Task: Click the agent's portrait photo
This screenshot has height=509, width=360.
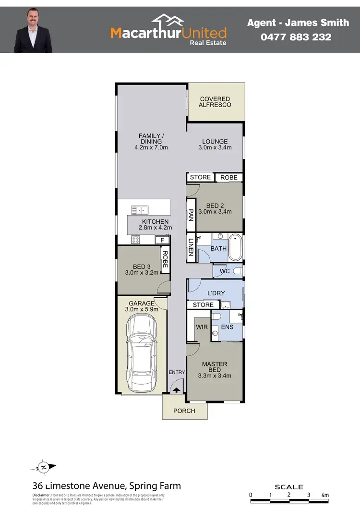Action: tap(33, 29)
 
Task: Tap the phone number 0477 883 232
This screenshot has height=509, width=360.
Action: tap(289, 36)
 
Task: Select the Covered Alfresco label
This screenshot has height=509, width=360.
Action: tap(215, 102)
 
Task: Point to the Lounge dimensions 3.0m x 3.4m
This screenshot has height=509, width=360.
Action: tap(215, 147)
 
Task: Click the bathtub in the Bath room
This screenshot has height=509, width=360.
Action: tap(235, 247)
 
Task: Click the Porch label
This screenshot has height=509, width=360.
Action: tap(184, 411)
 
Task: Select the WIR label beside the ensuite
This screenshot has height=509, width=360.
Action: tap(202, 327)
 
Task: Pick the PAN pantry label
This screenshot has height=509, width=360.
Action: tap(191, 215)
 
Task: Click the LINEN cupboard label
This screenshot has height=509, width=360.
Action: tap(191, 247)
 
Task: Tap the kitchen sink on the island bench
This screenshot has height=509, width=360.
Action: tap(140, 209)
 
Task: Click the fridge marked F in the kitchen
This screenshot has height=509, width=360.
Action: tap(162, 240)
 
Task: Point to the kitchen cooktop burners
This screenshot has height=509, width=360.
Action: tap(136, 239)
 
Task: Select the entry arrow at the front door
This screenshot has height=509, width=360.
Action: tap(176, 391)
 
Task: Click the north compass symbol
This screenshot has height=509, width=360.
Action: tap(44, 467)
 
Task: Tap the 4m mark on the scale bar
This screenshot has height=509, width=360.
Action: tap(325, 495)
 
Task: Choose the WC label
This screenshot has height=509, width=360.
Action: tap(224, 271)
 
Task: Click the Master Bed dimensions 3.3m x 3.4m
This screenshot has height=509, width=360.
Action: tap(215, 376)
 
